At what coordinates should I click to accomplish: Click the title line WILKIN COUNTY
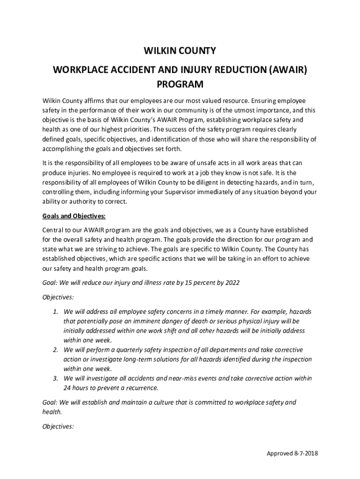[x=180, y=51]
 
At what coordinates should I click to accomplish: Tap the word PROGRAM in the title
[x=180, y=85]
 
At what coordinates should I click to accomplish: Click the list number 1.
[x=55, y=312]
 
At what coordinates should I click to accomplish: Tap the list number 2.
[x=55, y=350]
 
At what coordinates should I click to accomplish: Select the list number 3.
[x=55, y=378]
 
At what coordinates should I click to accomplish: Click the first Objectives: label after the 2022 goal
[x=58, y=297]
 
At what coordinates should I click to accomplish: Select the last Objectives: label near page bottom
[x=58, y=426]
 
